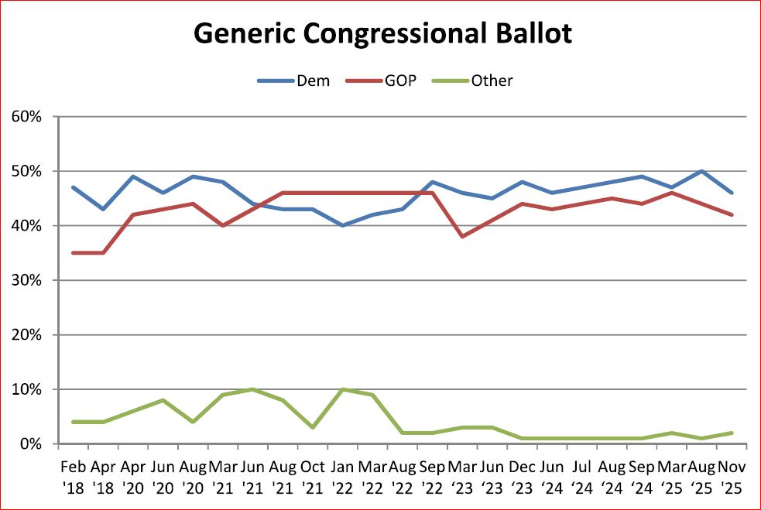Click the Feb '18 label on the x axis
[x=74, y=476]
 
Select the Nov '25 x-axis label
[x=731, y=476]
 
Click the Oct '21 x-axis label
[x=312, y=476]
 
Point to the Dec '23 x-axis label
[x=522, y=476]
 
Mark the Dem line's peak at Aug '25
[x=701, y=171]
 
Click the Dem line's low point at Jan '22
[x=342, y=225]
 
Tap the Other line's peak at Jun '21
[x=252, y=389]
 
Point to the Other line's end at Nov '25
[x=731, y=433]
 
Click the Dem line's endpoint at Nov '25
[x=731, y=193]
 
